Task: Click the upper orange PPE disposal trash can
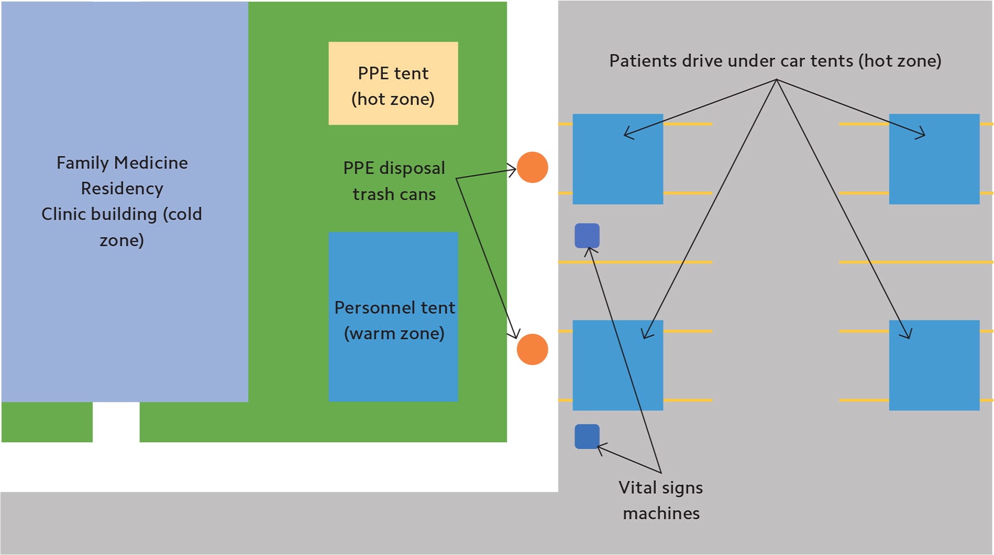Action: pos(532,167)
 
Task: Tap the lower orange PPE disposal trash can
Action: pos(532,349)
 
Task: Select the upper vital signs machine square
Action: pos(587,236)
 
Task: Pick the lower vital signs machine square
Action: pos(587,436)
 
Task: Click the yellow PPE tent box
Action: pos(393,83)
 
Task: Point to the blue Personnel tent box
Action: pos(393,317)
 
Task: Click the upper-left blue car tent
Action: pos(618,159)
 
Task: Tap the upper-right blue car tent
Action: pos(934,159)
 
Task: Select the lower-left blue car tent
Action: pos(618,365)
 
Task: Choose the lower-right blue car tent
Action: pos(934,365)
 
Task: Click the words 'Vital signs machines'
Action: pos(661,500)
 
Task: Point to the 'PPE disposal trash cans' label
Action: pos(394,181)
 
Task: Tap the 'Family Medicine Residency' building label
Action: pos(122,175)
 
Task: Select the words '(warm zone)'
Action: pos(394,333)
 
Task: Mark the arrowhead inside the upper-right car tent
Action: pos(921,134)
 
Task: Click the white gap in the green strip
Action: pos(116,422)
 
